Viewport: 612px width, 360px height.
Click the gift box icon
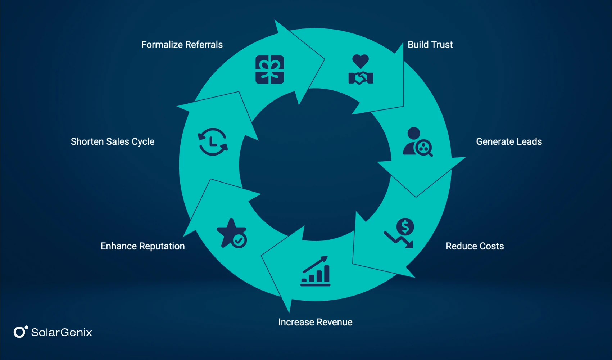tap(269, 69)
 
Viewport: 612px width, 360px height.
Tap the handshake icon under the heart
tap(361, 78)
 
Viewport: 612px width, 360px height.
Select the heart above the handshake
tap(361, 61)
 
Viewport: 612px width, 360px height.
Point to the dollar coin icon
tap(405, 227)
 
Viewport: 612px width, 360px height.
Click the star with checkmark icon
tap(232, 233)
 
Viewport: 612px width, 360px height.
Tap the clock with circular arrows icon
tap(213, 141)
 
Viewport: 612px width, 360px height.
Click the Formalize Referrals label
tap(182, 45)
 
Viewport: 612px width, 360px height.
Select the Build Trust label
tap(430, 45)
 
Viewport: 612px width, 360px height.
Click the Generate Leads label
tap(509, 141)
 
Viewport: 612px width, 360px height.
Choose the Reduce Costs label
tap(475, 246)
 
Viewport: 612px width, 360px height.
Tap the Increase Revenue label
tap(315, 322)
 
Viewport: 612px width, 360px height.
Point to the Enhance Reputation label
tap(142, 246)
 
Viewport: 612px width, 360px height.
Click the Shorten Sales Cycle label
tap(113, 141)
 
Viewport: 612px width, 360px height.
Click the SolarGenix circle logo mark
tap(19, 332)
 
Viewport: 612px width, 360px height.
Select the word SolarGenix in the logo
tap(62, 332)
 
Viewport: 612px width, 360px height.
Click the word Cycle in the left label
tap(143, 142)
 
